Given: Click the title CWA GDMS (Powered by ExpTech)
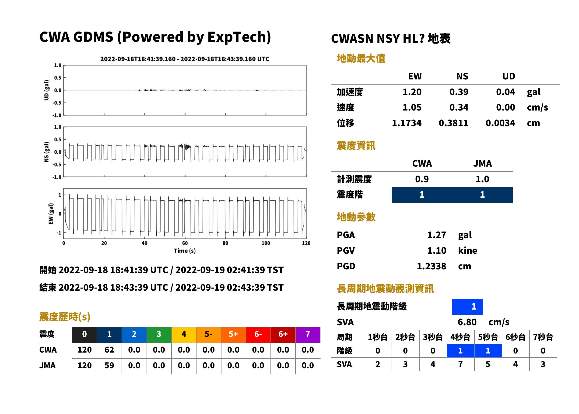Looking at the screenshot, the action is [x=155, y=37].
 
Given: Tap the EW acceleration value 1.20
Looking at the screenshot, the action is [x=412, y=92].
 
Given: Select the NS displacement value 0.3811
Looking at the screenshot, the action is [x=453, y=123].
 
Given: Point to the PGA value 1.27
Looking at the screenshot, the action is [x=436, y=235].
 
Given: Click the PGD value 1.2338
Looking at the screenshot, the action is [x=431, y=266].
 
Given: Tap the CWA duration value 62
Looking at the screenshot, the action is [x=109, y=350].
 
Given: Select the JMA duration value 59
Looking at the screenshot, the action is [x=109, y=365].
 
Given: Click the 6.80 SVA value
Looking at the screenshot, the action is [x=467, y=322].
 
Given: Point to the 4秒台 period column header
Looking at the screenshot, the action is [x=460, y=337].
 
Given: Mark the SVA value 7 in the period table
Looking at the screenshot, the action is [x=460, y=364].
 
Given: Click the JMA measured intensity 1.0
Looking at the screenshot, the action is [x=482, y=179].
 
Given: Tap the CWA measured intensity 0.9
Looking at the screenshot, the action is [x=422, y=179].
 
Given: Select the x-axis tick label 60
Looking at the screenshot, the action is [x=185, y=243].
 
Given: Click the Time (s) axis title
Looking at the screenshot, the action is [x=185, y=251].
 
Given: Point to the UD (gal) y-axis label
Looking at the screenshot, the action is [x=46, y=90].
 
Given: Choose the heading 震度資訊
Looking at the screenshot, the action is [x=356, y=146].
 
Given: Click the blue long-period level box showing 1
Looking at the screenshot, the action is [x=467, y=307].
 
